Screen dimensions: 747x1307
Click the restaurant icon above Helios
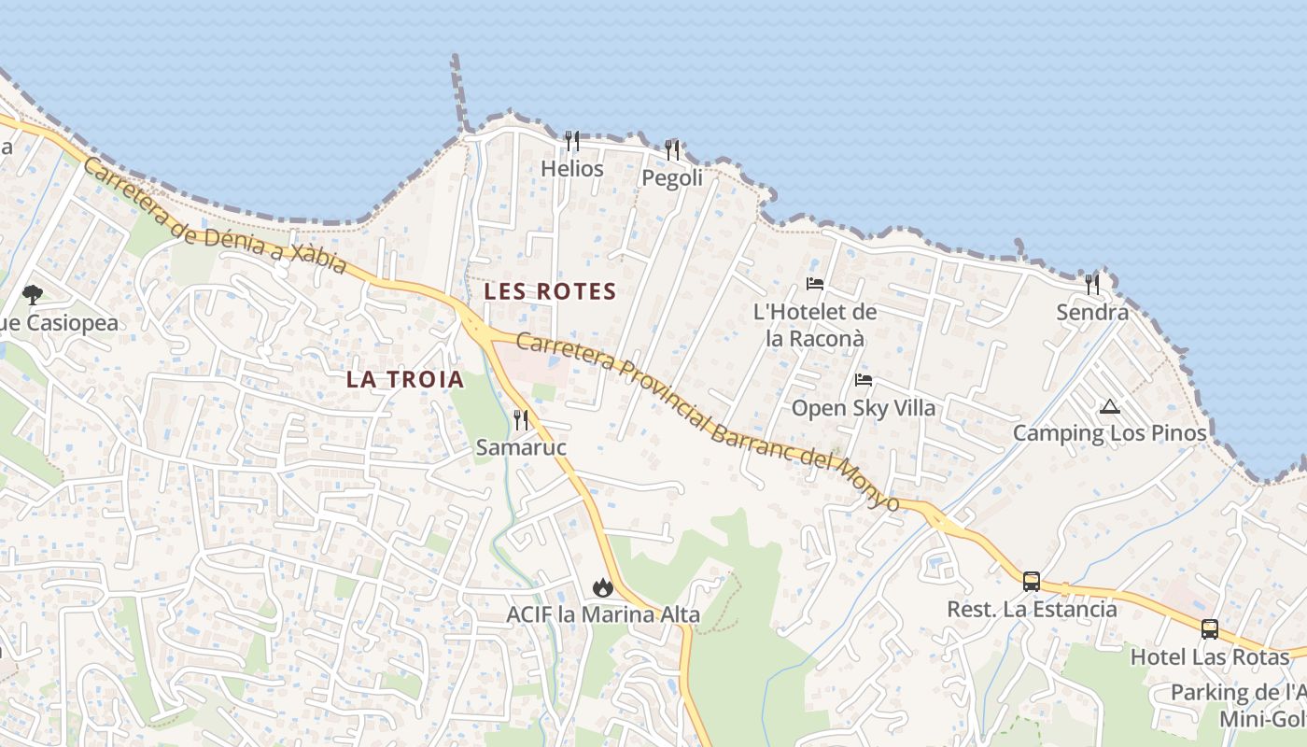(x=572, y=141)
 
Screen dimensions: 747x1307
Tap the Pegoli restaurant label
(x=672, y=177)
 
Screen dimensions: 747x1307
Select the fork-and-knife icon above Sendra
(x=1091, y=284)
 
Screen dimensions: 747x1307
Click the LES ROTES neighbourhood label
(x=550, y=291)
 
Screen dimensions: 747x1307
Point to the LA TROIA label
(x=405, y=379)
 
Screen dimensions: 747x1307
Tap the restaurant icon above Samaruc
(x=521, y=420)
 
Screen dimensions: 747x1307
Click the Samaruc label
(x=521, y=447)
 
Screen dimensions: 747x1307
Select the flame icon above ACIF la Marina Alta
(x=602, y=587)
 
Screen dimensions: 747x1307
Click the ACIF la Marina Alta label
(x=603, y=614)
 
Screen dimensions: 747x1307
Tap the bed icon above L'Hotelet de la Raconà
(x=815, y=284)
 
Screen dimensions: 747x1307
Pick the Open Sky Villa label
(x=864, y=408)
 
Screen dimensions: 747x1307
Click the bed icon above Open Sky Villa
(x=864, y=380)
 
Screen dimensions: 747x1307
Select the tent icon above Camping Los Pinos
(x=1109, y=406)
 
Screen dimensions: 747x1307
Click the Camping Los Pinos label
(x=1109, y=433)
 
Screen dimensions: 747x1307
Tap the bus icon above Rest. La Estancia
(x=1032, y=582)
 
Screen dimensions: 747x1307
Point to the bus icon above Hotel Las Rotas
(x=1210, y=629)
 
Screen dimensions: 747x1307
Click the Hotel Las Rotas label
(x=1210, y=656)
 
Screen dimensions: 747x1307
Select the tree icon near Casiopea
(x=33, y=295)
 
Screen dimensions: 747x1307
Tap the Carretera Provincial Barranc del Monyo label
(x=707, y=420)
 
